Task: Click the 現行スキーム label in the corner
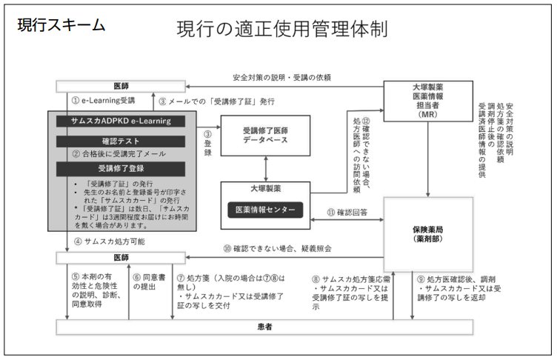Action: click(x=61, y=25)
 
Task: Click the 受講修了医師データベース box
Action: click(x=265, y=135)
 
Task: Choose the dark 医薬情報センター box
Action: click(x=264, y=210)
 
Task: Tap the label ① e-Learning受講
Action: click(x=103, y=100)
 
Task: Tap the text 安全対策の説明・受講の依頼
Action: click(x=281, y=77)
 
